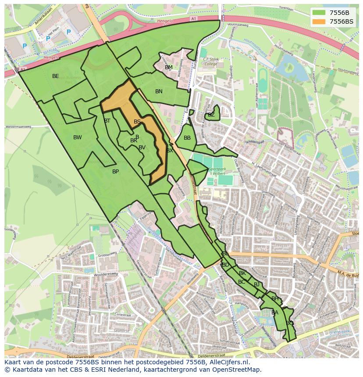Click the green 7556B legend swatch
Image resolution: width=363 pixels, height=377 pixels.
click(x=319, y=13)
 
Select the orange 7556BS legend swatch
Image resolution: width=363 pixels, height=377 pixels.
click(x=319, y=21)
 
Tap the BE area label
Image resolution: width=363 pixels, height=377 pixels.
click(x=55, y=76)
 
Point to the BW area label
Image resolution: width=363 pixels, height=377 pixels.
click(x=77, y=137)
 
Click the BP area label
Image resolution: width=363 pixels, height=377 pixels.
click(x=115, y=172)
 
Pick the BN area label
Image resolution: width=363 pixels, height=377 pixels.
click(x=159, y=92)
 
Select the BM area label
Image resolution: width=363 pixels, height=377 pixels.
click(x=169, y=67)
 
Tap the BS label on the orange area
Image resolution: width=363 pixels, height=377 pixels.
click(x=137, y=122)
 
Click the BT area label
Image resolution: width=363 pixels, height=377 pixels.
click(x=107, y=121)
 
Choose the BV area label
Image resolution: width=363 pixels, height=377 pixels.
click(x=142, y=148)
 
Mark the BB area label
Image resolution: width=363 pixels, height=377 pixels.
click(x=187, y=138)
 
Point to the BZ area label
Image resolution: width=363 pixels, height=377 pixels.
click(x=211, y=115)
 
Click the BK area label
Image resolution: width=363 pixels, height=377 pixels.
click(x=242, y=273)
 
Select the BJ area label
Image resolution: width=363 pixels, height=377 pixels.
click(x=256, y=285)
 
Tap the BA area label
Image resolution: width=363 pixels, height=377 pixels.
click(x=275, y=313)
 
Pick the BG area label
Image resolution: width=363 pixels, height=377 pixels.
click(x=289, y=323)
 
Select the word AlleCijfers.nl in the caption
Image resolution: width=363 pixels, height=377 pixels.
click(x=228, y=362)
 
